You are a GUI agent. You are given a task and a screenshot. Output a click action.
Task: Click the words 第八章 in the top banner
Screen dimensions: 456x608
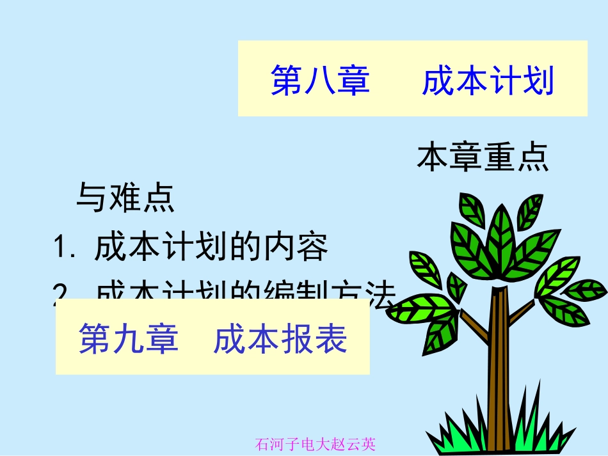tap(320, 81)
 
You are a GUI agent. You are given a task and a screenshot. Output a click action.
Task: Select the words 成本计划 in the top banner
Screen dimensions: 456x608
tap(488, 81)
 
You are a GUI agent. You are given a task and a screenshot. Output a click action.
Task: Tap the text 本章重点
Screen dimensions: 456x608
tap(483, 158)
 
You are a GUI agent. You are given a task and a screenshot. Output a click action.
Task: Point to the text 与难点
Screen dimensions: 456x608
tap(125, 198)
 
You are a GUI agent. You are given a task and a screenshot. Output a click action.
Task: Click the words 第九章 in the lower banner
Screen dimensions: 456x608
tap(128, 338)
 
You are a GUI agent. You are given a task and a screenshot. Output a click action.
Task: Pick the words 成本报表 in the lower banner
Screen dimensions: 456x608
tap(280, 338)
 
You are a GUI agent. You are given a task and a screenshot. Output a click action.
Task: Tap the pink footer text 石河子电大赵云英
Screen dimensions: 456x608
tap(315, 443)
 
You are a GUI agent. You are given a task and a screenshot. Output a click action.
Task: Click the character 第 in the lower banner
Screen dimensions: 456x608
tap(95, 338)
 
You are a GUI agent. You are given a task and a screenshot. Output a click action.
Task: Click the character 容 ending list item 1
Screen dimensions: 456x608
tap(313, 248)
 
